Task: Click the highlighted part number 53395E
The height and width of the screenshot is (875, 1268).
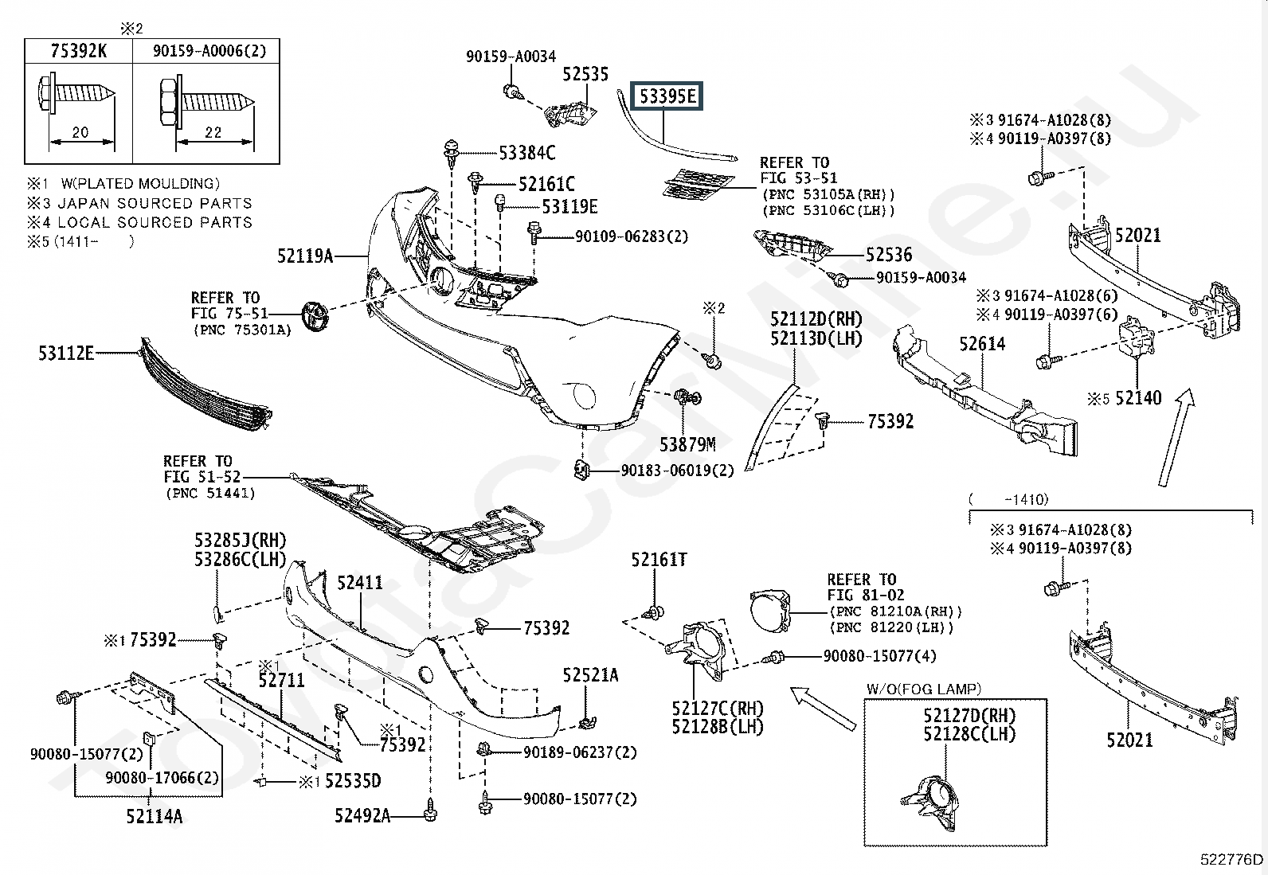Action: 668,96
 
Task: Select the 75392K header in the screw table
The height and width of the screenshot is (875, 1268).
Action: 79,51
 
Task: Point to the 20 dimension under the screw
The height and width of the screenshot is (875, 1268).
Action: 80,132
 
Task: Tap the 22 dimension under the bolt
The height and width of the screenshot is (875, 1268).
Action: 213,132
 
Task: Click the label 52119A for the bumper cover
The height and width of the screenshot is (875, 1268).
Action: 305,256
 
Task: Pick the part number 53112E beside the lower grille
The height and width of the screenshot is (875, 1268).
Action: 66,354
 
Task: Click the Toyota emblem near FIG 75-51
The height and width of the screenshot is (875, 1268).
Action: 315,316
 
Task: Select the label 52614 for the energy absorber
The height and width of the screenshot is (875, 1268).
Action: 982,343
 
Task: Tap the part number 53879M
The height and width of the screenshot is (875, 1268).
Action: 687,445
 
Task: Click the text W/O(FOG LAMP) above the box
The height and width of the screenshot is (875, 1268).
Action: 924,689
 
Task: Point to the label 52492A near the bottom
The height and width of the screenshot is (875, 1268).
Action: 362,815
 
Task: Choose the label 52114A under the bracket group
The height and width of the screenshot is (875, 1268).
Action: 154,816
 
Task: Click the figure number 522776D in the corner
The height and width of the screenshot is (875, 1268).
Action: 1231,859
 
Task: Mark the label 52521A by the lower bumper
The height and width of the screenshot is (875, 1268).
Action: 590,674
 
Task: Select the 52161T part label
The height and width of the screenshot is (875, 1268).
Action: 659,560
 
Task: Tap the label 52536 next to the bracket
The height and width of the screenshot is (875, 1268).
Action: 889,255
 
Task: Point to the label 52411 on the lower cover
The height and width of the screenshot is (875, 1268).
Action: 360,582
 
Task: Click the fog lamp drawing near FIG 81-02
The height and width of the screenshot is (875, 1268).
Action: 770,611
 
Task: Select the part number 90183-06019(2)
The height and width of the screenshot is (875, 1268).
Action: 677,471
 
